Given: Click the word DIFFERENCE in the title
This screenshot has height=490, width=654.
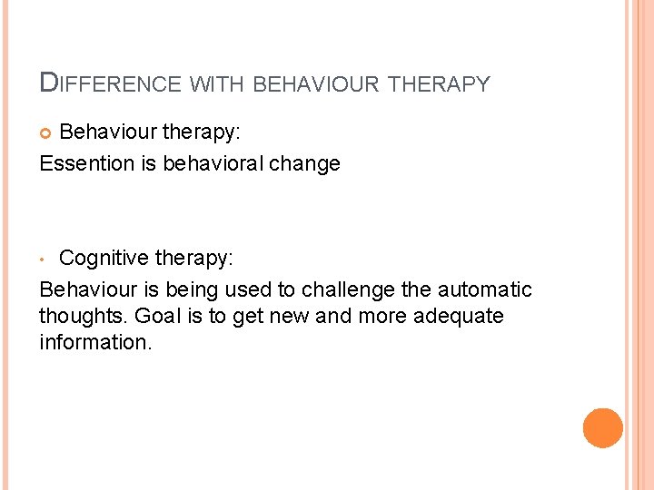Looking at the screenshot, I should coord(111,84).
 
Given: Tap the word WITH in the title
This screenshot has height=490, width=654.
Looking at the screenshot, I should coord(217,85).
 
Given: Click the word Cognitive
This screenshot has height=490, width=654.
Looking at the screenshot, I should coord(104,259).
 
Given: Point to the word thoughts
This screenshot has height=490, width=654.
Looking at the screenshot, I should coord(84,317).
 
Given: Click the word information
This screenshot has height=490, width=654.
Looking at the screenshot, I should coord(95,343).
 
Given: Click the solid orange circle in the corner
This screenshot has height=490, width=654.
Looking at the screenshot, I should coord(603,427).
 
